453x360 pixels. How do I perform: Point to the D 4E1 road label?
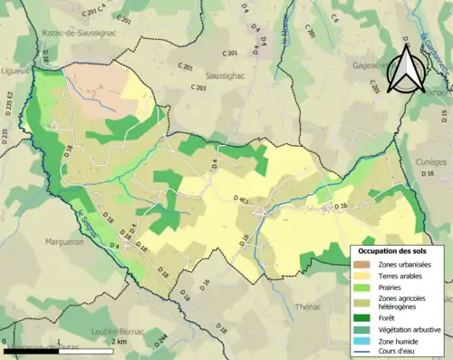click(243, 198)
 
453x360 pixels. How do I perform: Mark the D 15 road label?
click(444, 115)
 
